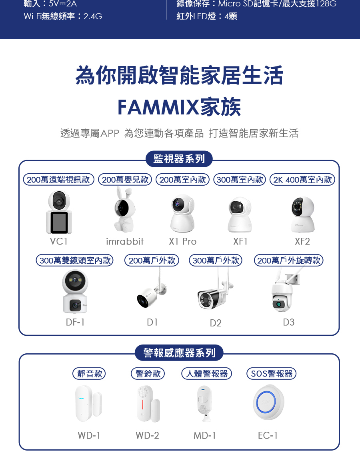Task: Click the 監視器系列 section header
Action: click(179, 159)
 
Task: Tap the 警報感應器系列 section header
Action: click(179, 353)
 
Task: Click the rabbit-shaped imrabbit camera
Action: click(123, 210)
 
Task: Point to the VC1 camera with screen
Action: click(59, 212)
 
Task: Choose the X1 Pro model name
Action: click(183, 242)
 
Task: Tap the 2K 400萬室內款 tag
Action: click(302, 180)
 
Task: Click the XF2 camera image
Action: click(303, 214)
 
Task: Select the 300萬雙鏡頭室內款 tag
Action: click(75, 261)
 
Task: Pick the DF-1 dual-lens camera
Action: click(75, 291)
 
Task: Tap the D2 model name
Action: click(216, 323)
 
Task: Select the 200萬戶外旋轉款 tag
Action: click(289, 261)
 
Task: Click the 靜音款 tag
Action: click(89, 374)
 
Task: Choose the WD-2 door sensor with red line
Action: click(147, 404)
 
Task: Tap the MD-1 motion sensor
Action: click(205, 403)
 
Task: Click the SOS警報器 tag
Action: click(271, 374)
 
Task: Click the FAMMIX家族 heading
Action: click(179, 107)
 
